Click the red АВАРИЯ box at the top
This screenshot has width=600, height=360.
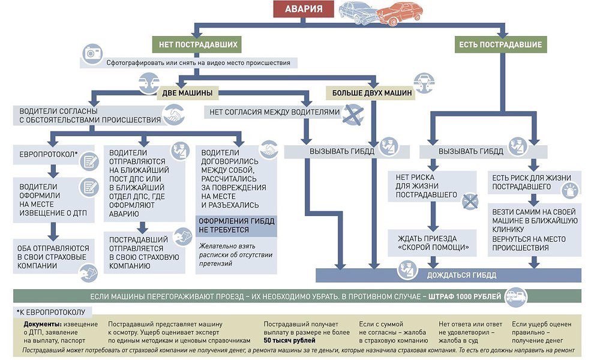304,9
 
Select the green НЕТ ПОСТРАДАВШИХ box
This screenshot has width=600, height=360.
198,44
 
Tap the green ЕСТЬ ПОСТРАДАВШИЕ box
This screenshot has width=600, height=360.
500,44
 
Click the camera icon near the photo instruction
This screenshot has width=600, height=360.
92,53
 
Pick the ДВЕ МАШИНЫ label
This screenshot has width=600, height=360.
187,93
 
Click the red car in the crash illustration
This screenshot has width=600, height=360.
400,13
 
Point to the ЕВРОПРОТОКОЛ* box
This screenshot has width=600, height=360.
53,155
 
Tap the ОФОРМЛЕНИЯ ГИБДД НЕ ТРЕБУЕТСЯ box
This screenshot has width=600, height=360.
236,226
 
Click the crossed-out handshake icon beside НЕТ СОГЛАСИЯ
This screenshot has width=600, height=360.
353,115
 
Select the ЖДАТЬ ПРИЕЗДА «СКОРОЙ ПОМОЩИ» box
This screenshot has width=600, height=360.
433,242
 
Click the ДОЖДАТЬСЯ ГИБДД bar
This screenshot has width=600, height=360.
448,275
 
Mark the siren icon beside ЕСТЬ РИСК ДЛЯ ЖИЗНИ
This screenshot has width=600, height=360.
571,190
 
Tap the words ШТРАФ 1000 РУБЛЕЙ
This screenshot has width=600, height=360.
464,296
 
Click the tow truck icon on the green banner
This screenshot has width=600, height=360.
515,296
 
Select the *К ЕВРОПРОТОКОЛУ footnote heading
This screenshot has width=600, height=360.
51,312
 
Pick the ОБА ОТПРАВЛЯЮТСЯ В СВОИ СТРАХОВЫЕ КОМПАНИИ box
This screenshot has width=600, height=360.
53,257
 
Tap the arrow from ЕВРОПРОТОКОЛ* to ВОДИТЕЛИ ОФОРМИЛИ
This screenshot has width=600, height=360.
53,170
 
